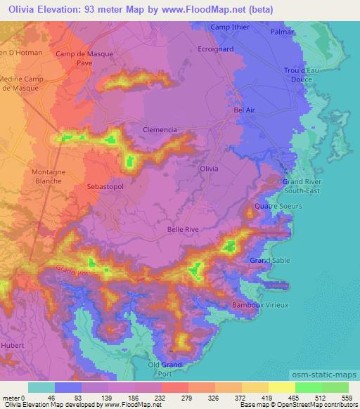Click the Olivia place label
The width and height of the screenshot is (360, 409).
[209, 169]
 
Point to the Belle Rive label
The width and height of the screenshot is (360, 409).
[182, 228]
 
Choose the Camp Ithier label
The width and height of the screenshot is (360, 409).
[229, 27]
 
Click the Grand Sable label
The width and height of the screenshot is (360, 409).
[268, 261]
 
